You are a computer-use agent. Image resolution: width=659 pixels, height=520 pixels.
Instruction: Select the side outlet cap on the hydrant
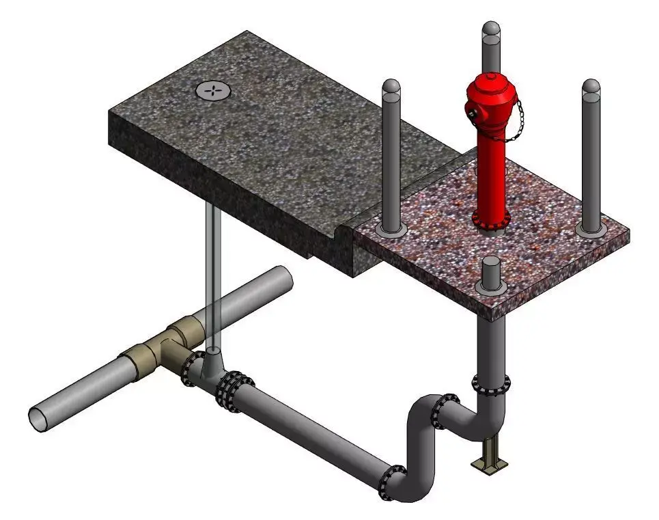point(471,111)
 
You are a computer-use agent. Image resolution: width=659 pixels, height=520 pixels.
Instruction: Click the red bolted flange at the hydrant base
point(491,219)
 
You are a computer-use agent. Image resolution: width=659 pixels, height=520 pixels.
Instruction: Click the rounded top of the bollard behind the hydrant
point(491,31)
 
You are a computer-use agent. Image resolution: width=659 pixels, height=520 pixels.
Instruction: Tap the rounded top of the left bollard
point(391,88)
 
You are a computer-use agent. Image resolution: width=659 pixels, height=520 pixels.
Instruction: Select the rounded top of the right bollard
point(591,87)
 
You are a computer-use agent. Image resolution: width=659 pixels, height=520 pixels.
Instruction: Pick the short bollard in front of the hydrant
point(492,273)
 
